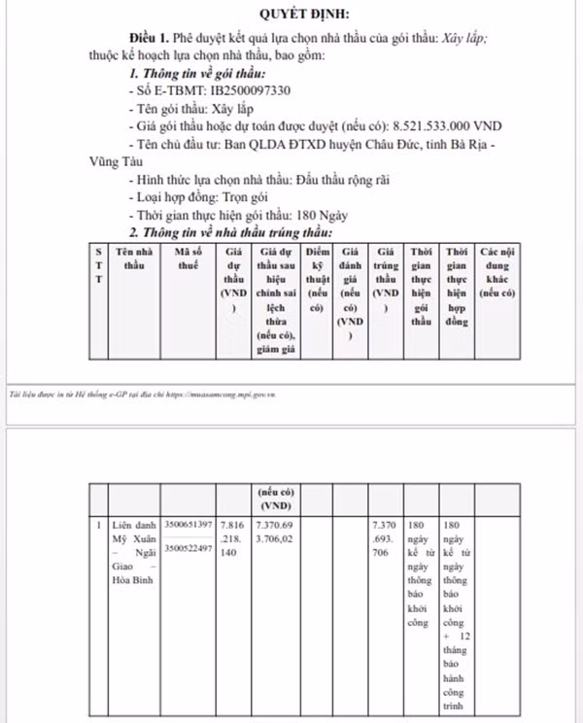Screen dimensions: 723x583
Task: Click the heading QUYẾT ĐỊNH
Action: tap(305, 14)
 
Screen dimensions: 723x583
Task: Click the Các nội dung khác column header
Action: tap(496, 272)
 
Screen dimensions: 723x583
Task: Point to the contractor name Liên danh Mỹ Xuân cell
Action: tap(133, 550)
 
